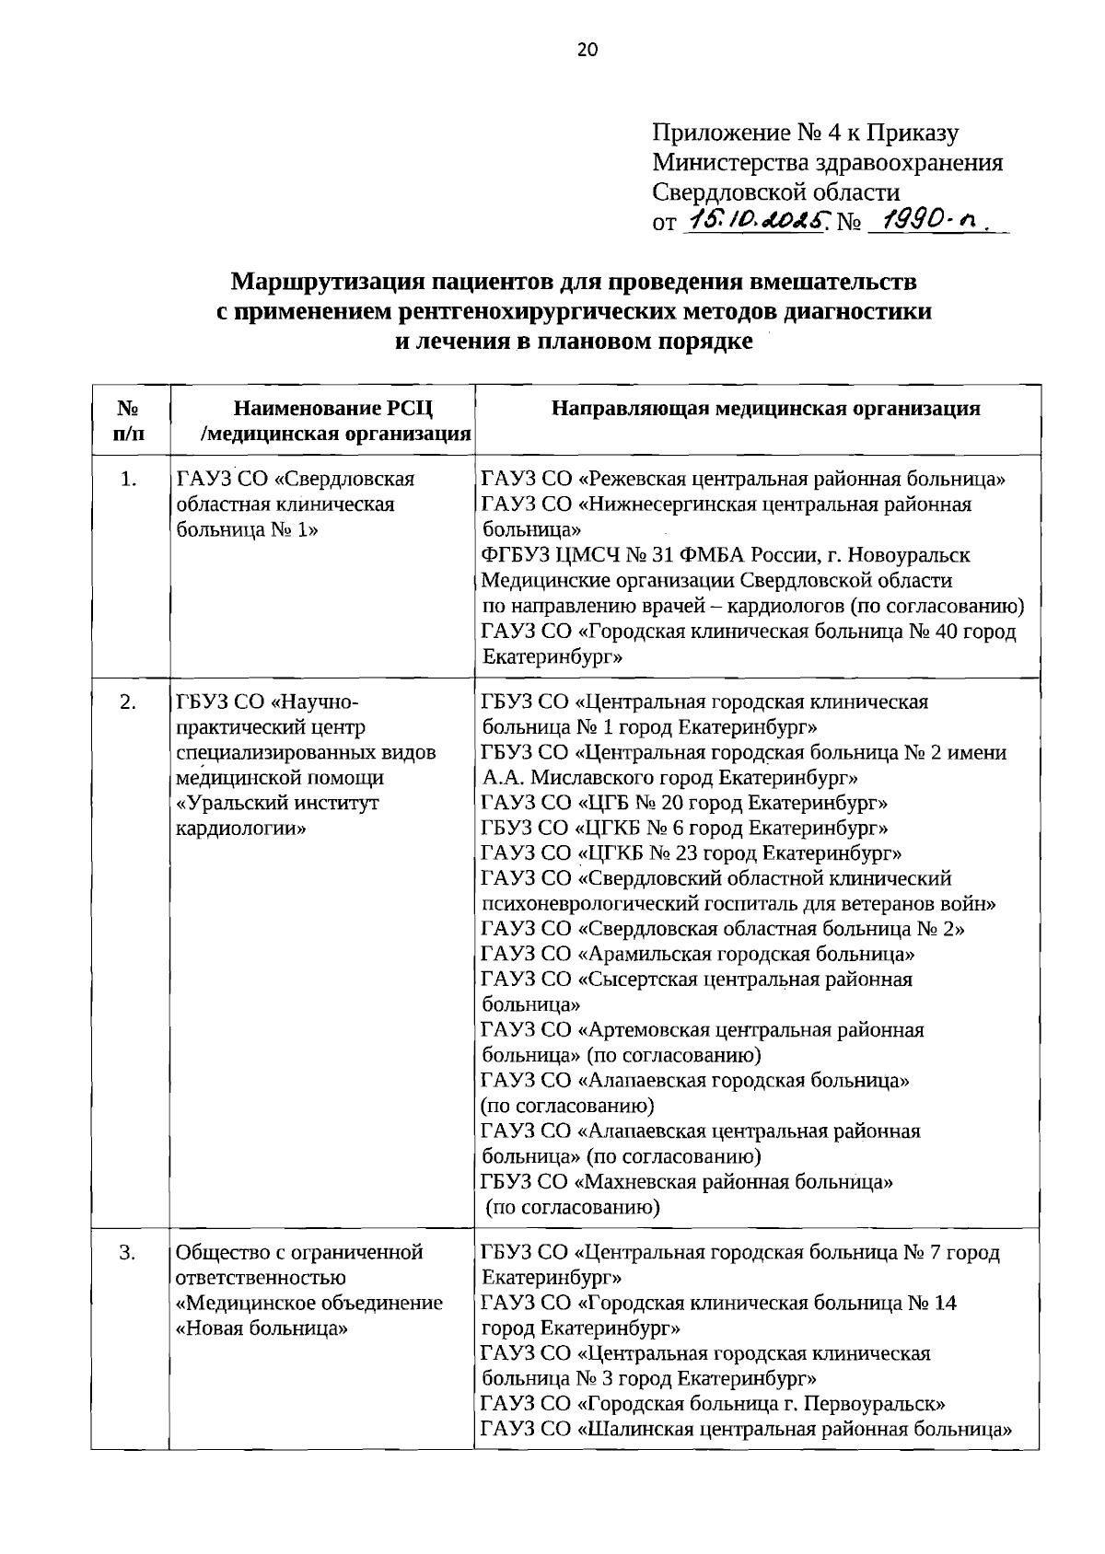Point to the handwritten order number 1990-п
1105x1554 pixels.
coord(930,221)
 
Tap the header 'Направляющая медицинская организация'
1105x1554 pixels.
coord(765,409)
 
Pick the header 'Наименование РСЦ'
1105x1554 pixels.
coord(332,409)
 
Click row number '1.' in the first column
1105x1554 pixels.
coord(129,479)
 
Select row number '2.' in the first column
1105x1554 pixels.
coord(129,702)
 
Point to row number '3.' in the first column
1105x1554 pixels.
coord(129,1252)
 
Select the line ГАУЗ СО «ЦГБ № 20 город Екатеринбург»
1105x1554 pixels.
coord(684,803)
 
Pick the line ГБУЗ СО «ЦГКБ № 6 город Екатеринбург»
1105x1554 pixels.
coord(684,828)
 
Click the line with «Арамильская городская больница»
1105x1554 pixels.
coord(697,954)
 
